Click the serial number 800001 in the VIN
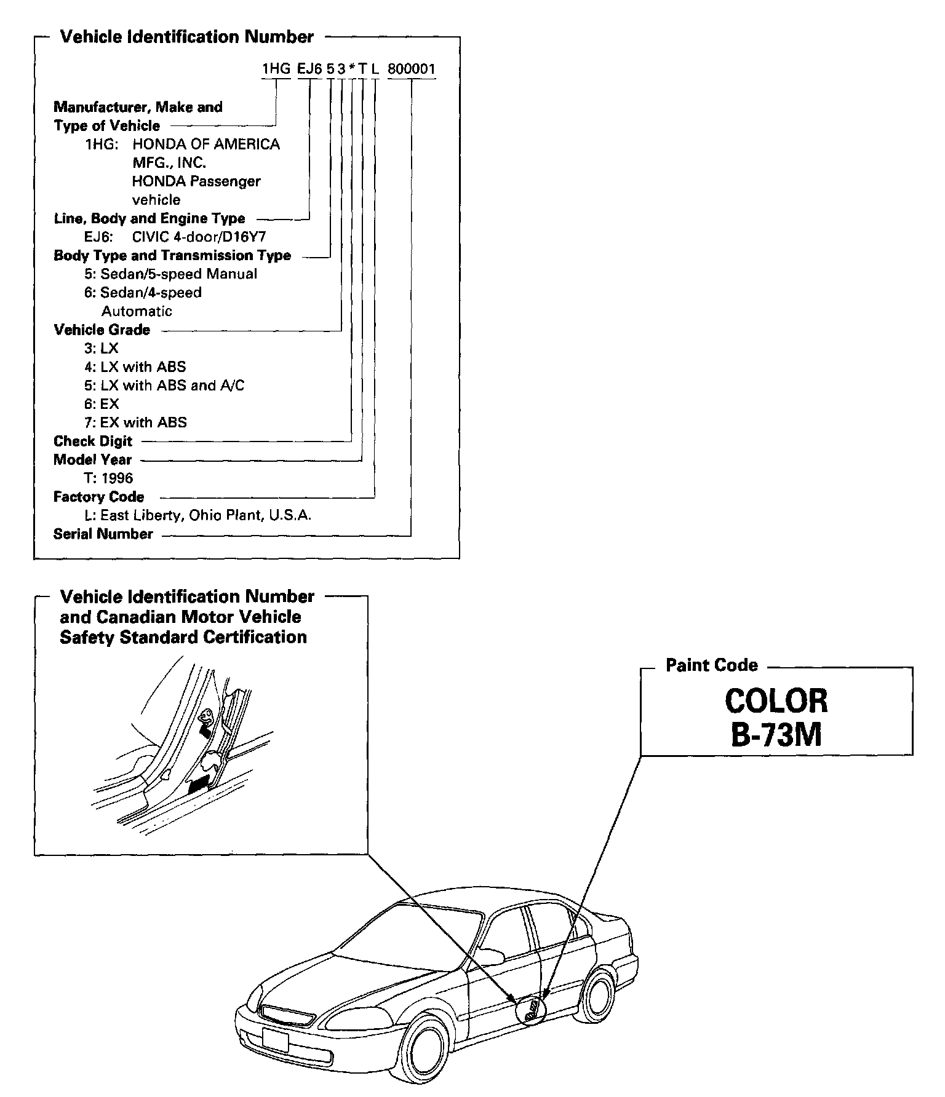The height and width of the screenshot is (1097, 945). [x=411, y=69]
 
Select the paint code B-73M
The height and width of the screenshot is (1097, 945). [x=776, y=734]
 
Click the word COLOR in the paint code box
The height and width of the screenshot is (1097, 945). [x=776, y=700]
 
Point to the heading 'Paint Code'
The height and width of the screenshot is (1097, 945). [x=712, y=665]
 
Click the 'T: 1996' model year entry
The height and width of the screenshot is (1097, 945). [x=108, y=478]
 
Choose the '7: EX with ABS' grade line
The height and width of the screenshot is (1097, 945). [x=135, y=422]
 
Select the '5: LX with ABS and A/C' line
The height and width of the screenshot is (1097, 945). [x=164, y=386]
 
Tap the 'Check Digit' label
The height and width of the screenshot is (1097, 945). [x=93, y=441]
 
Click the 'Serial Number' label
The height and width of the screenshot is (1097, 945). [x=103, y=534]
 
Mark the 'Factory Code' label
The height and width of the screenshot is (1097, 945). [x=98, y=497]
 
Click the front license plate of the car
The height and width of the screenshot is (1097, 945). [x=274, y=1039]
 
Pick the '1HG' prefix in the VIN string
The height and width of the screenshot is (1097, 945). [x=276, y=69]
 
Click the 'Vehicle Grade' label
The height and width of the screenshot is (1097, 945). [x=102, y=330]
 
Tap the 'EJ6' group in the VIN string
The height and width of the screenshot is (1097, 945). [x=309, y=69]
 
